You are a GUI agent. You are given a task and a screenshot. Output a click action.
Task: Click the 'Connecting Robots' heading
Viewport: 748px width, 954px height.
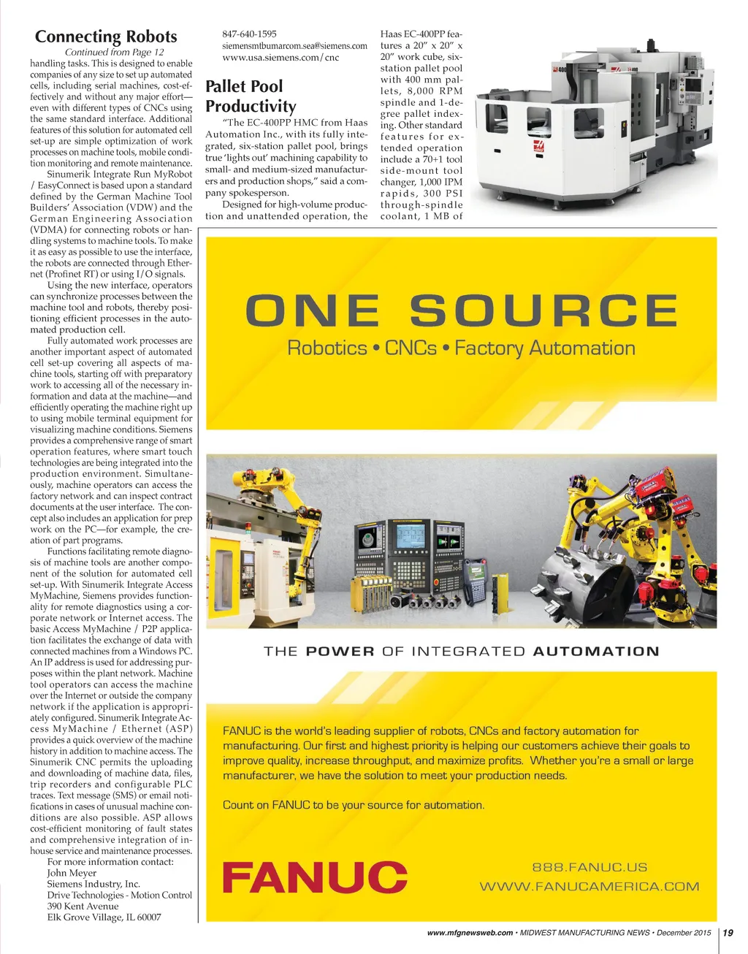coord(106,37)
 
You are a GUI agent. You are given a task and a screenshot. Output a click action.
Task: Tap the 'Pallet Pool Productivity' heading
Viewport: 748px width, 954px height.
coord(251,96)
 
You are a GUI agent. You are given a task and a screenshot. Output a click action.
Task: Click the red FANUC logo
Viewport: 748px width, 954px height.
coord(315,877)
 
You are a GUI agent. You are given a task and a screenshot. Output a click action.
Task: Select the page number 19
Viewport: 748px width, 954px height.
coord(728,933)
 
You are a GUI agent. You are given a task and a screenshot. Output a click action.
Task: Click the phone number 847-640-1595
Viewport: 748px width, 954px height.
coord(249,34)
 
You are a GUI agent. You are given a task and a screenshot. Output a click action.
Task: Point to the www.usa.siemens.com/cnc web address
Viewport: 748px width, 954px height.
coord(280,57)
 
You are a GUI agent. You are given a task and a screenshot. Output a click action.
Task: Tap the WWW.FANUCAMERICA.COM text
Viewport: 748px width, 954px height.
coord(589,887)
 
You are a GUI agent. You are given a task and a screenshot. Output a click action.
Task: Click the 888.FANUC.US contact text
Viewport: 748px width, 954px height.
coord(589,867)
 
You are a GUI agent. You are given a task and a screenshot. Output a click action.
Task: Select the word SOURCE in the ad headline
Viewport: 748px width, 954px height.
coord(543,310)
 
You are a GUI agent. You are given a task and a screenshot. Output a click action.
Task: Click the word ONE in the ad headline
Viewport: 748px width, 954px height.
coord(313,310)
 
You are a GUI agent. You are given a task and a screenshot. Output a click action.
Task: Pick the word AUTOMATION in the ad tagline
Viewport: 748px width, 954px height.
coord(596,651)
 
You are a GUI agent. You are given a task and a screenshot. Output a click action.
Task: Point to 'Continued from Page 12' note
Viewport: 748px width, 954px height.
coord(114,52)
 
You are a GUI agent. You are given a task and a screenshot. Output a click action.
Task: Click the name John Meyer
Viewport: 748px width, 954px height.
coord(72,873)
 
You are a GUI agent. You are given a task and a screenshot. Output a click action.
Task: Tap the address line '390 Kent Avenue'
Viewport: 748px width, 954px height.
coord(83,906)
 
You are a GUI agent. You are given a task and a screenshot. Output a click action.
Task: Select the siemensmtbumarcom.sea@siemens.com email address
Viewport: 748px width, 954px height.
coord(294,45)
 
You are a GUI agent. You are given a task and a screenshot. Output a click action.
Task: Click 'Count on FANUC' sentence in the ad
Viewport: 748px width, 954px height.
coord(354,805)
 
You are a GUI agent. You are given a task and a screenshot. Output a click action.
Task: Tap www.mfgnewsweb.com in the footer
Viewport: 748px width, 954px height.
coord(470,933)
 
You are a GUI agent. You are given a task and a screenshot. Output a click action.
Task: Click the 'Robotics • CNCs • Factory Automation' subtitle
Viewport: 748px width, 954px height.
coord(461,348)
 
